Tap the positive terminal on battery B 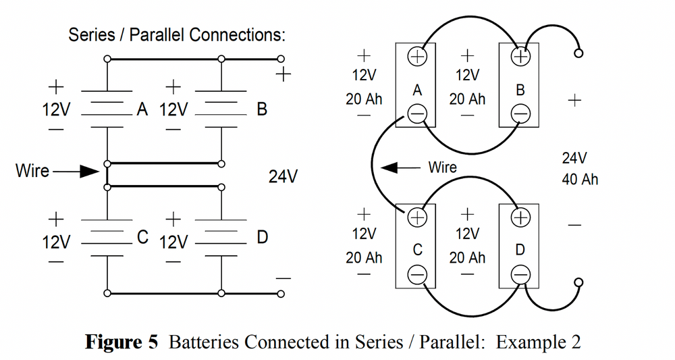[x=520, y=57]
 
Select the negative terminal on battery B [x=520, y=115]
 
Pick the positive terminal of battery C [x=417, y=217]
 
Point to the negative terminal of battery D [x=520, y=274]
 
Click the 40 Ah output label [x=579, y=180]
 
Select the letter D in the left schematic [x=263, y=238]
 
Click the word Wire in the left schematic [x=32, y=171]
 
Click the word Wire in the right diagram [x=442, y=167]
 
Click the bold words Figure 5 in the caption [x=122, y=342]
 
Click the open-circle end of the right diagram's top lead [x=578, y=54]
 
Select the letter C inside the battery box [x=417, y=250]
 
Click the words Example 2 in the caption [x=538, y=342]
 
